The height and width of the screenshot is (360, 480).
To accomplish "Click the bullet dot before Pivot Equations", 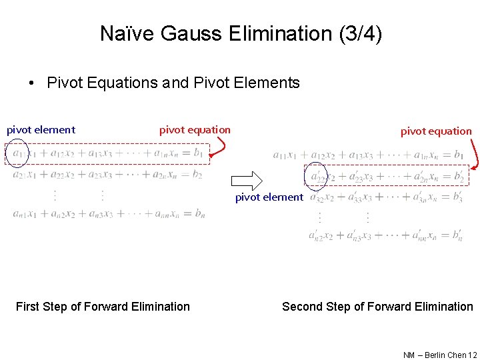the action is (31, 83).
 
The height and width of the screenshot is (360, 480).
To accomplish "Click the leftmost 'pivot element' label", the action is (41, 130).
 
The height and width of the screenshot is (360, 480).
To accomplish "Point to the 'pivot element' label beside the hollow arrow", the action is (269, 197).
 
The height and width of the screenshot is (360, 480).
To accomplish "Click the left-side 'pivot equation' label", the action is (195, 130).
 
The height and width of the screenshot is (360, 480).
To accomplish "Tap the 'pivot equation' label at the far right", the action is (435, 131).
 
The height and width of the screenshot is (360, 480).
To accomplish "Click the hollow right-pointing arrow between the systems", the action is (247, 180).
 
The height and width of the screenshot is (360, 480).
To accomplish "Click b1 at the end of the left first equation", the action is (197, 153).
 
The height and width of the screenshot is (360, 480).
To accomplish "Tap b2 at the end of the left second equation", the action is (197, 175).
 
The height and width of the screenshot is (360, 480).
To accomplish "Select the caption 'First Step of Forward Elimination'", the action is (103, 307).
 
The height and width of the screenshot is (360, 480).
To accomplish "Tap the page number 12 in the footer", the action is (473, 355).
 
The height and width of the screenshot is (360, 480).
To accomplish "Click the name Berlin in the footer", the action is (435, 355).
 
